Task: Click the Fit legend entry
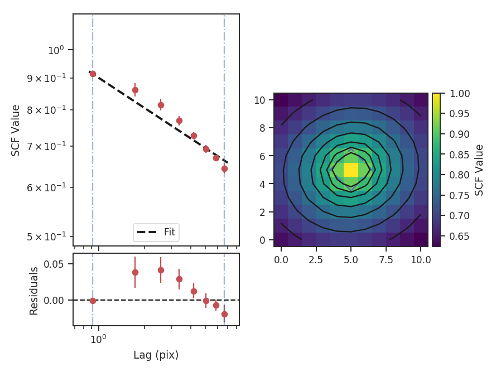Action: pyautogui.click(x=156, y=232)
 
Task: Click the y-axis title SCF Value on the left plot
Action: pyautogui.click(x=16, y=130)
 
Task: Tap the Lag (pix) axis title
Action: pyautogui.click(x=156, y=355)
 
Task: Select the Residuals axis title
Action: pyautogui.click(x=34, y=291)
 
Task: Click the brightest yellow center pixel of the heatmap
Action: pyautogui.click(x=350, y=170)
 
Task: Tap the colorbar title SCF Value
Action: pyautogui.click(x=479, y=170)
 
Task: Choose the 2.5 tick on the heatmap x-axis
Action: pyautogui.click(x=316, y=259)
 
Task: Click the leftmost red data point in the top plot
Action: pyautogui.click(x=93, y=74)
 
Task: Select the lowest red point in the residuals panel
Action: pyautogui.click(x=224, y=314)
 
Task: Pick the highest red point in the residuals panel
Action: pyautogui.click(x=161, y=270)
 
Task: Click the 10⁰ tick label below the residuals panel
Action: pyautogui.click(x=99, y=339)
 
